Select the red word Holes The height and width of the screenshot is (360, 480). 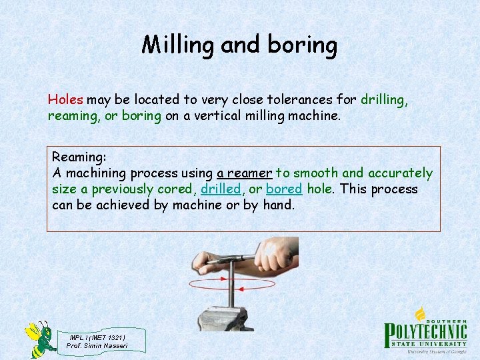click(65, 100)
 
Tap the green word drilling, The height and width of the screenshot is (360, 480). click(384, 100)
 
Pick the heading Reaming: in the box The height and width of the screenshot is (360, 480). click(79, 157)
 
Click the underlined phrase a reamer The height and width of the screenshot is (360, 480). click(244, 173)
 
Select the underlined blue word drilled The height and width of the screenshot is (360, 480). click(221, 189)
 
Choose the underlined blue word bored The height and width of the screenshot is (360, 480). click(284, 189)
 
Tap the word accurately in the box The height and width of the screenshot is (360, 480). click(401, 173)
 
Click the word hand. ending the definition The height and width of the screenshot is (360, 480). click(278, 205)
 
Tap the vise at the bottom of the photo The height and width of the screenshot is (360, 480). click(233, 317)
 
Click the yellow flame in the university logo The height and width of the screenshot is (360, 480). click(420, 313)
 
